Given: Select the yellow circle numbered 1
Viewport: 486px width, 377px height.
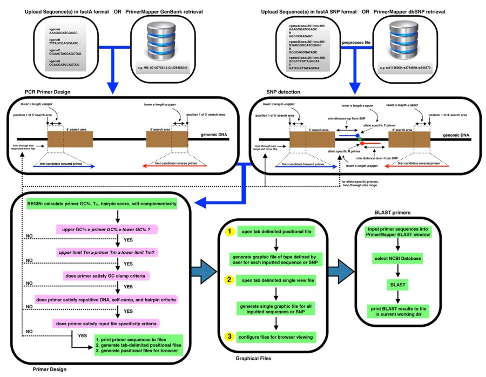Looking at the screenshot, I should [230, 232].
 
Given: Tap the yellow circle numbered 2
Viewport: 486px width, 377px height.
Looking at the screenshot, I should [230, 280].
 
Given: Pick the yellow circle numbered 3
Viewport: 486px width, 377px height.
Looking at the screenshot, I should [230, 336].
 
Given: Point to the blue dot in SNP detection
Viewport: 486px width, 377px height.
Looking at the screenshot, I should [357, 136].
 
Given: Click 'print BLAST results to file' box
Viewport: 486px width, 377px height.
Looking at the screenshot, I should [399, 309].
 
